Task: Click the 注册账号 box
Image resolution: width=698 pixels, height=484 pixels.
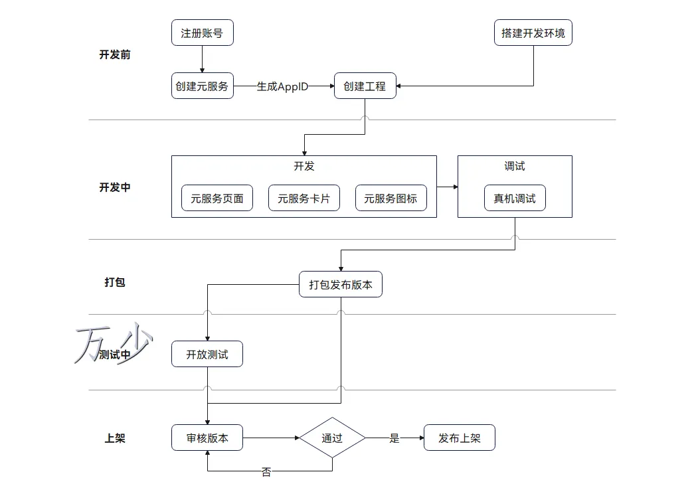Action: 203,33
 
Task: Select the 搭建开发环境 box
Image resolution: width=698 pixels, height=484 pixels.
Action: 533,33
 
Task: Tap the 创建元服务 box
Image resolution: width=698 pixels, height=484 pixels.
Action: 203,86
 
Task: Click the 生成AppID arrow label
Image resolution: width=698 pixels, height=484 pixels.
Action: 282,86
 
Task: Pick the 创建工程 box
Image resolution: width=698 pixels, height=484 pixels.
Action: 365,86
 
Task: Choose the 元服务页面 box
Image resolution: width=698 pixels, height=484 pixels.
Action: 217,198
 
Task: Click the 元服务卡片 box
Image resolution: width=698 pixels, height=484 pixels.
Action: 304,198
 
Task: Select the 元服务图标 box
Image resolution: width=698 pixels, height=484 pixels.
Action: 391,198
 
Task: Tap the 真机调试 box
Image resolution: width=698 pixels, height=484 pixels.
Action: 515,198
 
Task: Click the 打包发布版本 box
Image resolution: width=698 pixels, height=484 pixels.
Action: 341,284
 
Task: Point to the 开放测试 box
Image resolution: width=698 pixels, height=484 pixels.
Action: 207,354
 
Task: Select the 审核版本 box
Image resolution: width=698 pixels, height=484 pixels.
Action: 207,438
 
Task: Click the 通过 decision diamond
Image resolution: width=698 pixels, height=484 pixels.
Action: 332,438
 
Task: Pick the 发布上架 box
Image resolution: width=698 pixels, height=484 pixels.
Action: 460,438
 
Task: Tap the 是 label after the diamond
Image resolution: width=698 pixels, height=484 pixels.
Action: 394,438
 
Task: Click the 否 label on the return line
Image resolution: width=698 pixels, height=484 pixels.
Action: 266,472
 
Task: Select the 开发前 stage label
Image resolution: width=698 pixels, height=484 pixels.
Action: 115,54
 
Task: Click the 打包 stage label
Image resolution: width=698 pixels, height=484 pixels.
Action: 115,282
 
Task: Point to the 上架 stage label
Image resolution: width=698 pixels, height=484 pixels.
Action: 115,438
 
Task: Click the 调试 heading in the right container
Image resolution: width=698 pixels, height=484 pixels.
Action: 515,167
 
